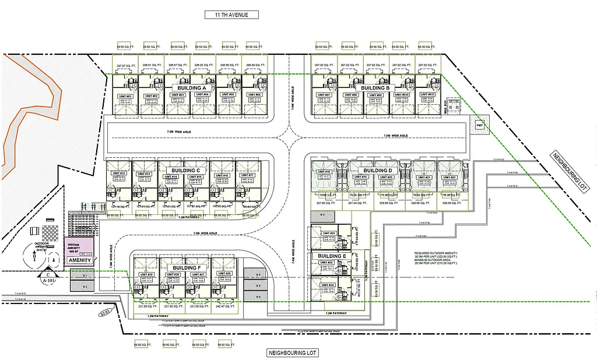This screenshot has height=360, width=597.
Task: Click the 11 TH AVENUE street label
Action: point(231,15)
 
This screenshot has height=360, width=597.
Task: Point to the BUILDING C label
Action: point(182,170)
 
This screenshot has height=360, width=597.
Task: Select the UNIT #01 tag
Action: point(125,96)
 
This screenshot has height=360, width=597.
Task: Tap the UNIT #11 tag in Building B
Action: point(428,94)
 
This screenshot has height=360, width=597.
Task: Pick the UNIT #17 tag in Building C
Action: point(247,175)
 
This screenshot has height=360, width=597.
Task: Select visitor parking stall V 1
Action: point(83,274)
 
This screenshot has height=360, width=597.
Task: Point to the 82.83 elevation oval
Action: point(105,312)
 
